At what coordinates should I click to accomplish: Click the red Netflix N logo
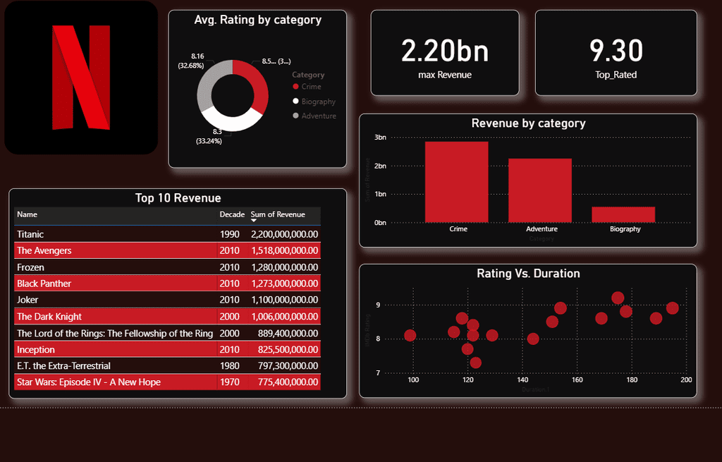tap(81, 78)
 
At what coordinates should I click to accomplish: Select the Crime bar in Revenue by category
tap(456, 182)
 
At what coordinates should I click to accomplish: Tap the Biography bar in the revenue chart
tap(623, 214)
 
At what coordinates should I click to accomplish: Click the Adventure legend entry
tap(318, 116)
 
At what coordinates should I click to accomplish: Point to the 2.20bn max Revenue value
tap(444, 51)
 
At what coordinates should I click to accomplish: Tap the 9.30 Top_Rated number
tap(616, 51)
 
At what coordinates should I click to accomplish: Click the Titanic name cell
tap(30, 234)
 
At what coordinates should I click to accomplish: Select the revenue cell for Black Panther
tap(284, 284)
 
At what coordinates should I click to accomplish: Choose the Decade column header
tap(232, 214)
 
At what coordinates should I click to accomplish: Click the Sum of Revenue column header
tap(278, 214)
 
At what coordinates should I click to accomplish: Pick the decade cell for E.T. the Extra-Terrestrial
tap(230, 365)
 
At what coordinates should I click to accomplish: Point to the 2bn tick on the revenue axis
tap(379, 166)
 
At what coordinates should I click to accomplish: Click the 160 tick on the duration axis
tap(577, 380)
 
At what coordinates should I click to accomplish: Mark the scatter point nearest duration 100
tap(410, 335)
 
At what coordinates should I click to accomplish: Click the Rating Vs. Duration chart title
tap(528, 274)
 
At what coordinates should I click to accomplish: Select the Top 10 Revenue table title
tap(178, 198)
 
